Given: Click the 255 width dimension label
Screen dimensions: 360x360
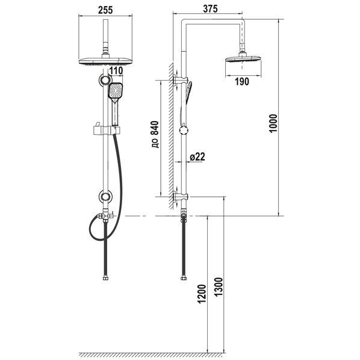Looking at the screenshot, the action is pos(105,10).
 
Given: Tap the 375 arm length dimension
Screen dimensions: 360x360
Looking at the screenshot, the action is pos(210,8).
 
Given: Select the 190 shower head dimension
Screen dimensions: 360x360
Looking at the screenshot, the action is pos(242,81).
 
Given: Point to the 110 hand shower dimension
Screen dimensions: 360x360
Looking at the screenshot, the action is pos(116,70).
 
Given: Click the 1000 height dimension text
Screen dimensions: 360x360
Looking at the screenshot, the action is pos(274,123).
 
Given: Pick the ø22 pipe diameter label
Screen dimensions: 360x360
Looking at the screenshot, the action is pos(197,157).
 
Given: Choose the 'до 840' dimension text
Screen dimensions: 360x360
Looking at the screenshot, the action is pos(155,134).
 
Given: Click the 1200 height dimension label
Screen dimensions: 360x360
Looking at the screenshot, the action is pos(202,294).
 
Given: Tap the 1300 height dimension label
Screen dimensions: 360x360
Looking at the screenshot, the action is pos(219,287).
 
